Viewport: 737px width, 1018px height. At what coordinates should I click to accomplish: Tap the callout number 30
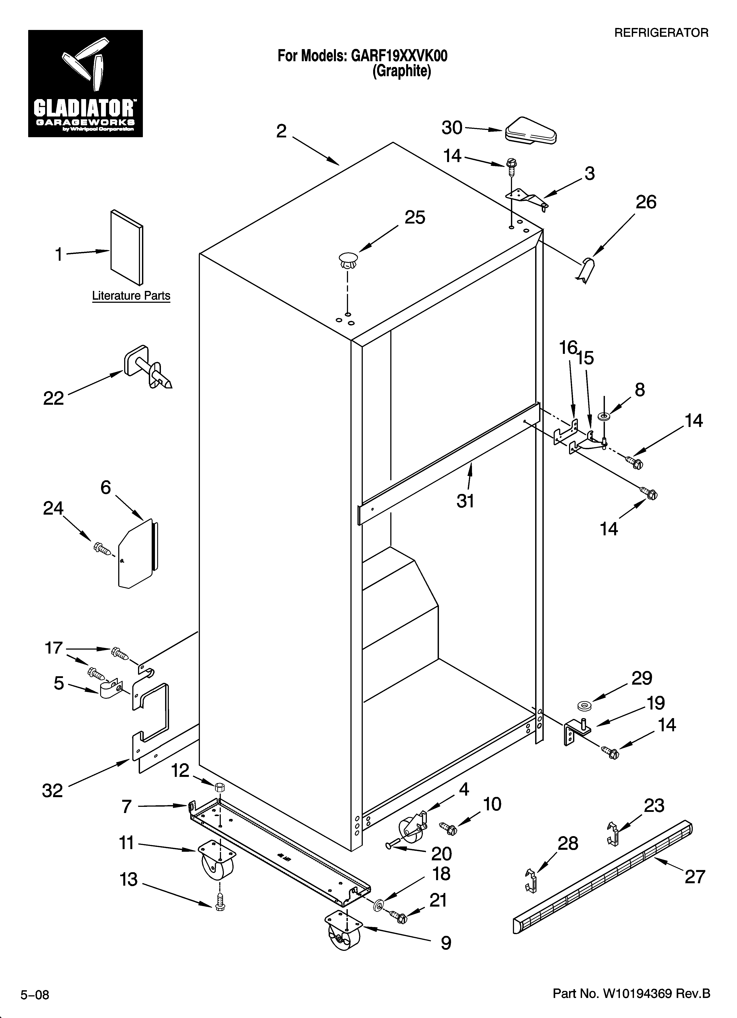click(x=451, y=128)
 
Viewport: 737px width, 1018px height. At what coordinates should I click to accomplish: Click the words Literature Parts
click(x=131, y=296)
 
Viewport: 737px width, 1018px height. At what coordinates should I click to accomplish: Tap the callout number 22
click(x=53, y=398)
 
